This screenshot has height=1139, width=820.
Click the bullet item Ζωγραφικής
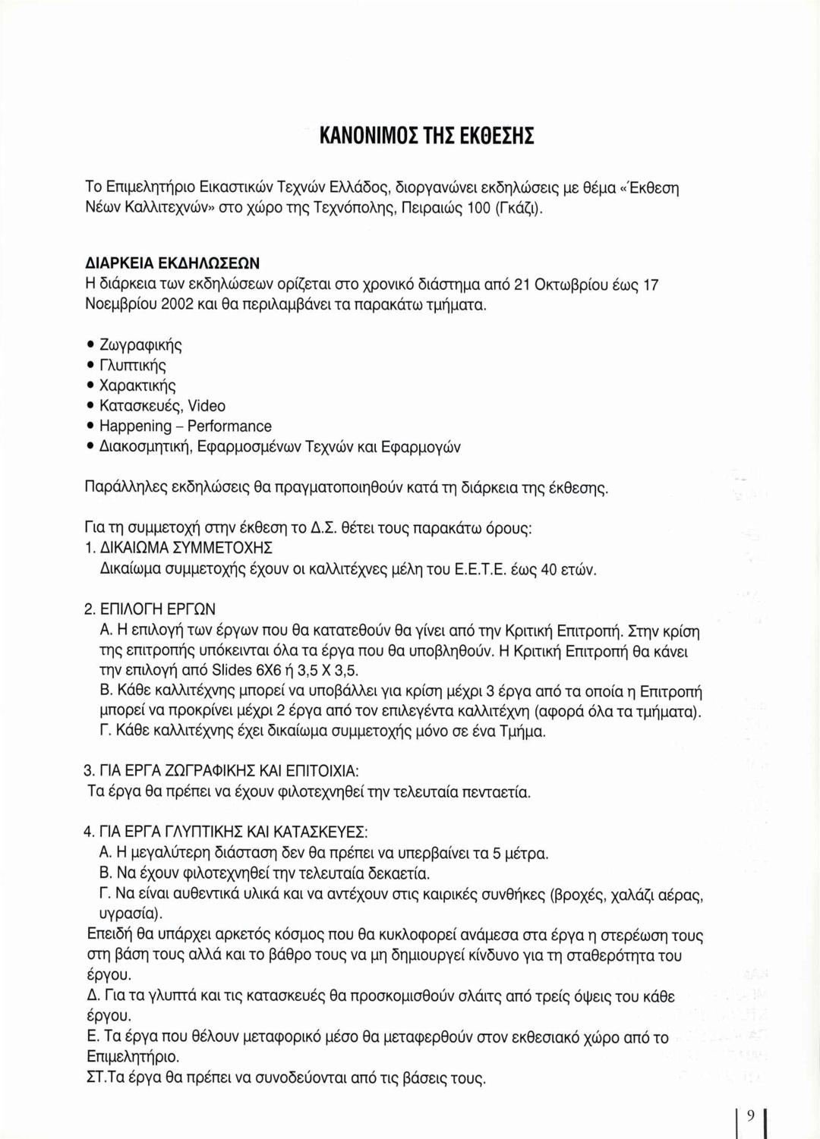140,345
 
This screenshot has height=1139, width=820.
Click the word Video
207,406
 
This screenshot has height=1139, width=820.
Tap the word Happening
135,426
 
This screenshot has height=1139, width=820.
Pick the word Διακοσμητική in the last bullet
149,447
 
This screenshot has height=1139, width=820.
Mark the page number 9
750,1115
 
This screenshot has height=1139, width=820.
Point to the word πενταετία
490,792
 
